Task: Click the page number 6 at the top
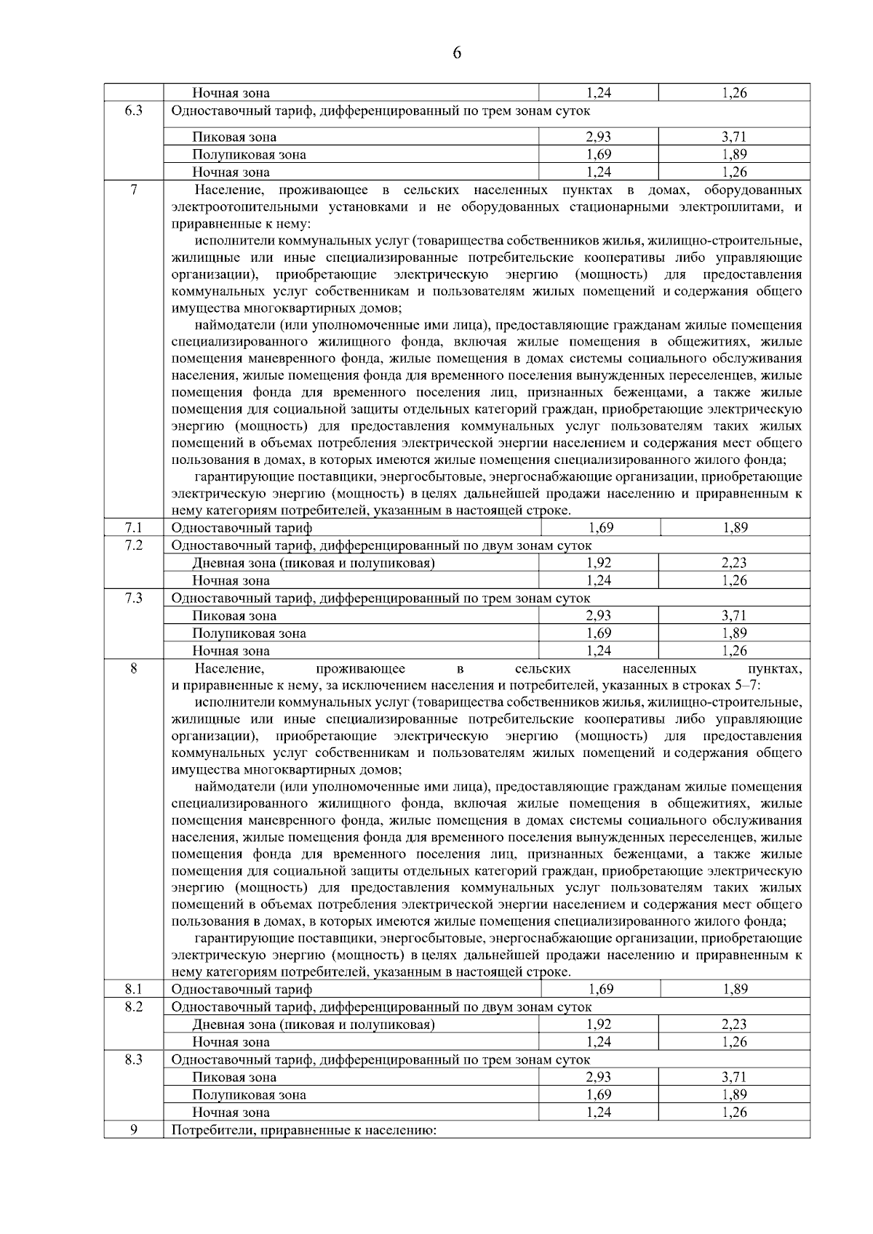[x=457, y=52]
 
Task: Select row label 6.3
[x=133, y=111]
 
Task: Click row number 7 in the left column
[x=133, y=191]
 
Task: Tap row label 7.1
[x=133, y=528]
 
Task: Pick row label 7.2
[x=133, y=545]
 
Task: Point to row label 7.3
[x=133, y=598]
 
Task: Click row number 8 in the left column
[x=133, y=668]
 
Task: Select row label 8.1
[x=133, y=989]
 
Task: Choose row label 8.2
[x=133, y=1006]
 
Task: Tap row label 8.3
[x=133, y=1059]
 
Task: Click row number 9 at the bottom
[x=133, y=1130]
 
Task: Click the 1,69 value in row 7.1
[x=601, y=528]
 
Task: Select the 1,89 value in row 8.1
[x=735, y=989]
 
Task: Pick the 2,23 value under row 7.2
[x=735, y=563]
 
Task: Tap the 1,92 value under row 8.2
[x=599, y=1024]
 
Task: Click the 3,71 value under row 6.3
[x=735, y=137]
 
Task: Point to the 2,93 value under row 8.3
[x=599, y=1077]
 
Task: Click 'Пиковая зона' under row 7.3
[x=234, y=616]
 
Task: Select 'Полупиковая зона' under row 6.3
[x=249, y=154]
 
